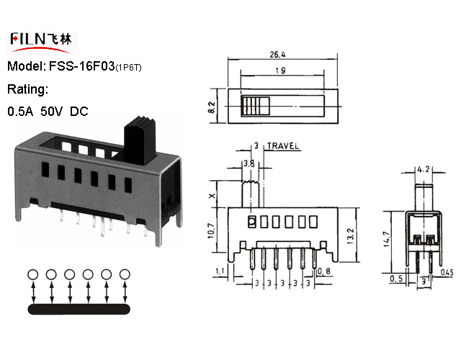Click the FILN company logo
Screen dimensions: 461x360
pos(42,43)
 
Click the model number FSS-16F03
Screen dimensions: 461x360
pos(81,66)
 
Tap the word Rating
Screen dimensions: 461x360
pos(27,89)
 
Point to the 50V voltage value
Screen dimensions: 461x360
pos(51,112)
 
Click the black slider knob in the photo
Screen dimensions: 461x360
pos(139,140)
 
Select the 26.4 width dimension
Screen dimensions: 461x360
pos(277,55)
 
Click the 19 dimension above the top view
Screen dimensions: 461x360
pos(280,71)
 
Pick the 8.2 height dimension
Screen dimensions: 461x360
pos(212,108)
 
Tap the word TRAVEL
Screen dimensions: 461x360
pos(283,146)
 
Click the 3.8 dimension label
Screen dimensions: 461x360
pos(249,163)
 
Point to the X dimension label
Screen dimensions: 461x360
pos(212,196)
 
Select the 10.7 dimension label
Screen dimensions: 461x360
pos(211,230)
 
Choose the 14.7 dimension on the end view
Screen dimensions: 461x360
pos(387,239)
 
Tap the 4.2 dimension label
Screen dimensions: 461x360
pos(423,169)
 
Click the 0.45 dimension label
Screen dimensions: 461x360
pos(447,273)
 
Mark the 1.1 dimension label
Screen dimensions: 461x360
pos(220,271)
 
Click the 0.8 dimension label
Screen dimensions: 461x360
pos(323,271)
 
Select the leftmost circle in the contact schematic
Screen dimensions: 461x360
pos(32,274)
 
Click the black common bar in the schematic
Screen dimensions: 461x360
pos(79,309)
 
